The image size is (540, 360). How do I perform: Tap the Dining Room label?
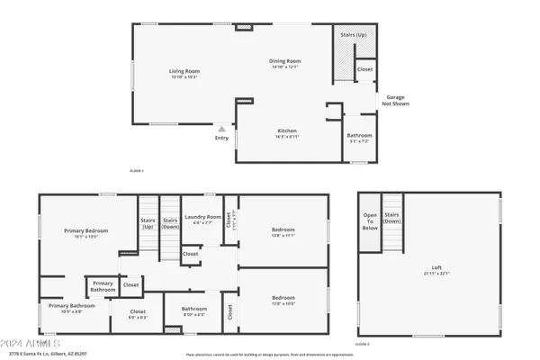(283, 63)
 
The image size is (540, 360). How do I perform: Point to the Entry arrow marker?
(221, 130)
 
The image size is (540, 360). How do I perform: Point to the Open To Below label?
(370, 221)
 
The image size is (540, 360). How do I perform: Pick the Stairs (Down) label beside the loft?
(391, 218)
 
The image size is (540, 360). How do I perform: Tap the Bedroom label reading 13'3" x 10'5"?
(283, 299)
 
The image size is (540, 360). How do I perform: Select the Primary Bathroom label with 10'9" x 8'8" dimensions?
(65, 309)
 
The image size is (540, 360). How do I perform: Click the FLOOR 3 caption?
(363, 345)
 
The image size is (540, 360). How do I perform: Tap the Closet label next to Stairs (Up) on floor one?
(364, 69)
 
